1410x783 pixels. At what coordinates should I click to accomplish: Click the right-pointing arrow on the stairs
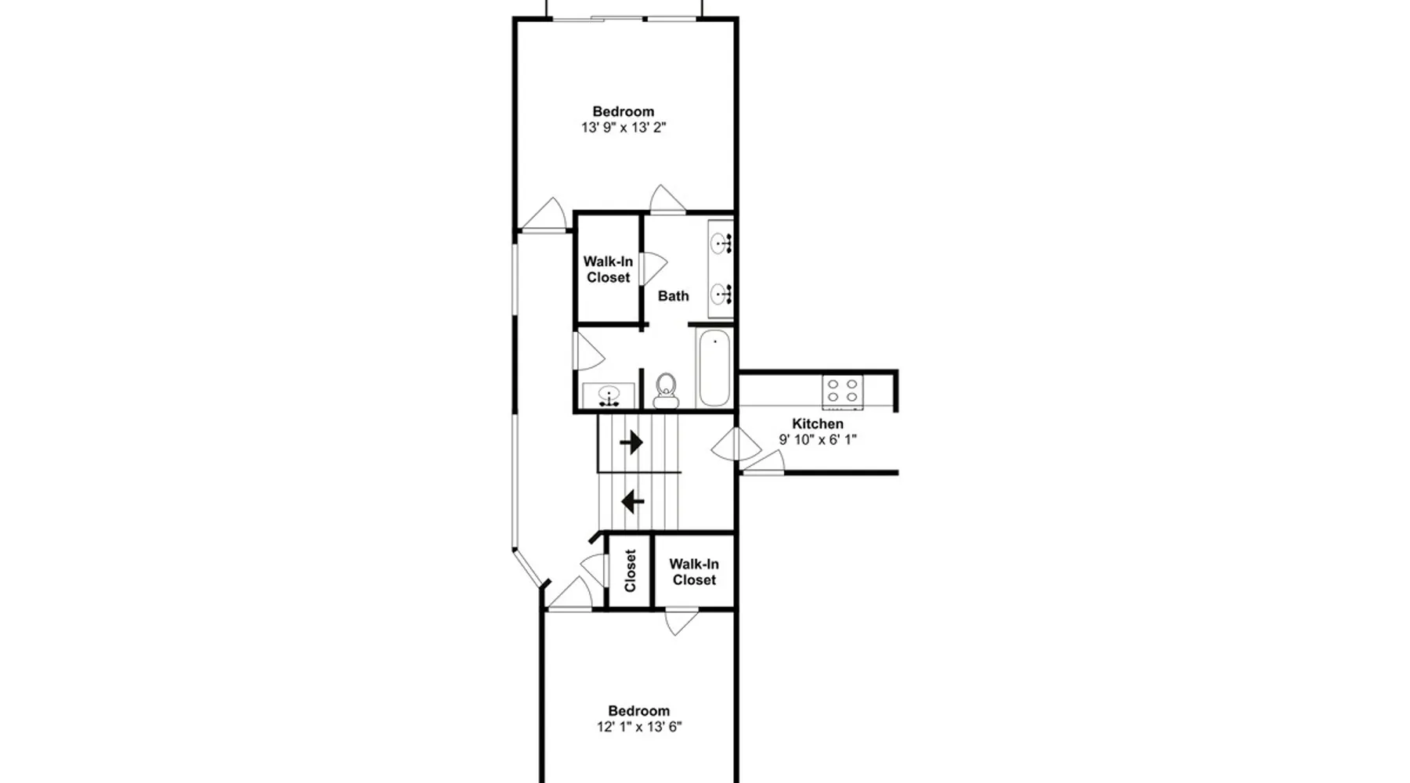(631, 443)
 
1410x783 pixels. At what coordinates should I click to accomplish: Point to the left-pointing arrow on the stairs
(632, 501)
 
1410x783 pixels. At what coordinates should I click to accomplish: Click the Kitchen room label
(818, 424)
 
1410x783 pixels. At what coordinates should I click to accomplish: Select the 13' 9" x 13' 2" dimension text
(624, 128)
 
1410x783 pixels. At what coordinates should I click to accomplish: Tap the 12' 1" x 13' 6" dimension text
(639, 727)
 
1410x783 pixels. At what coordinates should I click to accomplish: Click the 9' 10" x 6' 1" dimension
(818, 439)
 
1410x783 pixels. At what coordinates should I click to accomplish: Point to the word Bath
(674, 296)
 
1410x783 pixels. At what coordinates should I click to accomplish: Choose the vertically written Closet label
(631, 570)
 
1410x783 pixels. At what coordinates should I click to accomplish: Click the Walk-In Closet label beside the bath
(608, 269)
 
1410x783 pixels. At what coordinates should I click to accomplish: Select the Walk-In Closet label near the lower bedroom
(694, 572)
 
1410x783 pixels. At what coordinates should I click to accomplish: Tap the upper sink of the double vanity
(721, 244)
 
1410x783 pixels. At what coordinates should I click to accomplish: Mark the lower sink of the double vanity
(721, 294)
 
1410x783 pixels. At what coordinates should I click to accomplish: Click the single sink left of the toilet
(609, 395)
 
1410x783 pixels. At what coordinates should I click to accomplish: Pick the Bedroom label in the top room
(624, 112)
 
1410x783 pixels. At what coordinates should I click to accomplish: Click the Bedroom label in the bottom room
(639, 711)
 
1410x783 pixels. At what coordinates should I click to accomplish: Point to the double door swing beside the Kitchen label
(736, 445)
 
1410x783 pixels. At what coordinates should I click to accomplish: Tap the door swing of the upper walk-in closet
(654, 268)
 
